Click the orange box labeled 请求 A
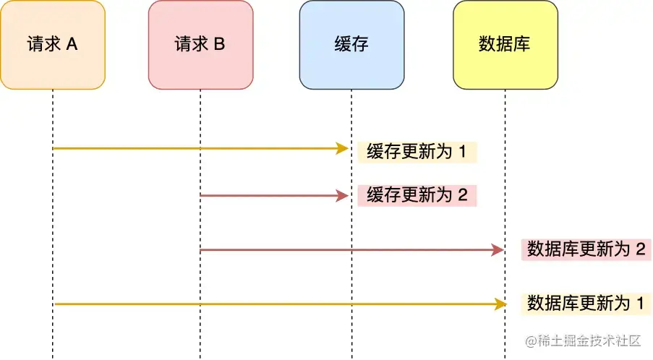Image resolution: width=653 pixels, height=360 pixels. coord(53,45)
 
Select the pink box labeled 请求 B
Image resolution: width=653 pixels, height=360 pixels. coord(200,45)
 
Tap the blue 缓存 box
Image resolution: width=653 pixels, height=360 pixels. coord(351,45)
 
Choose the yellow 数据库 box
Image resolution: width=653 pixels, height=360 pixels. coord(505,45)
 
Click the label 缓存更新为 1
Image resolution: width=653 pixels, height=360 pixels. coord(417,152)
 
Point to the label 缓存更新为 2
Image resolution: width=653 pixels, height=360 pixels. coord(417,195)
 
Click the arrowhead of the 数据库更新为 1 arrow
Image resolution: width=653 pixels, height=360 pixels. coord(499,304)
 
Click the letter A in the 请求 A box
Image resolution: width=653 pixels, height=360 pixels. coord(72,45)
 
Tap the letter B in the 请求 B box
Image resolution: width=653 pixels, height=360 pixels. coord(219,45)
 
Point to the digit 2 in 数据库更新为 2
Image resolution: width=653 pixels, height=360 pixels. coord(639,250)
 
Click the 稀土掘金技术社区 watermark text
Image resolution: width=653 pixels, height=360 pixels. coord(589,340)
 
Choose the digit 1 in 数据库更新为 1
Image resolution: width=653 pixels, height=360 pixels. coord(639,303)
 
